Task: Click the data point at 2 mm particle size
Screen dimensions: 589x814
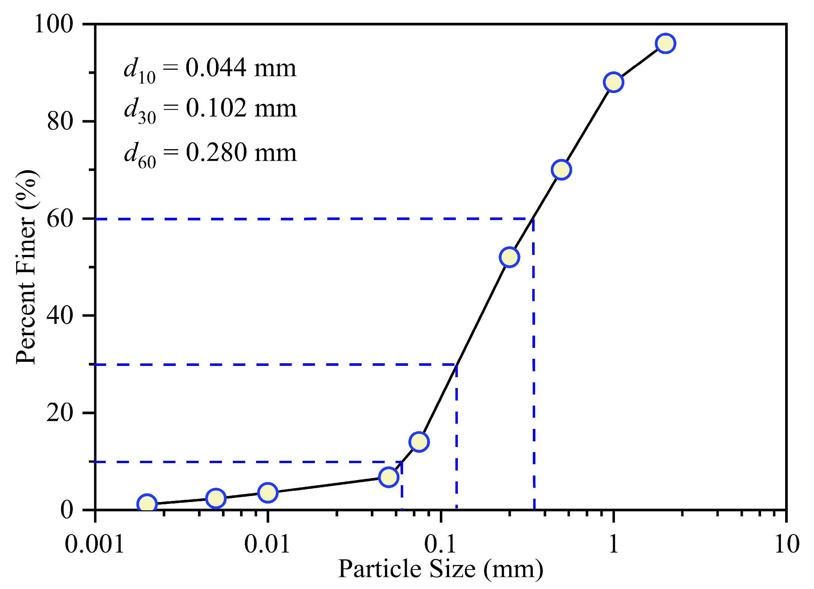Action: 665,43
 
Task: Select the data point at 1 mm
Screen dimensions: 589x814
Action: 613,82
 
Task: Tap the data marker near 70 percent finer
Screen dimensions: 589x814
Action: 561,170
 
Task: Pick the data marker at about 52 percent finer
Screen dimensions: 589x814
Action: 509,257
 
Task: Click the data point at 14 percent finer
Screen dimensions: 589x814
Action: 419,442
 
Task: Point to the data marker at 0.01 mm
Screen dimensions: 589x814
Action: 268,492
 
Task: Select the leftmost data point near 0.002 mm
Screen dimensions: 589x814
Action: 147,504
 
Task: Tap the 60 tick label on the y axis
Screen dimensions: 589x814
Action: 59,219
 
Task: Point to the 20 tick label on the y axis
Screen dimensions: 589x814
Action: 59,413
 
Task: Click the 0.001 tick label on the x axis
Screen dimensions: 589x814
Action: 94,544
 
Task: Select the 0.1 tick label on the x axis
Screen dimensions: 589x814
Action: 441,544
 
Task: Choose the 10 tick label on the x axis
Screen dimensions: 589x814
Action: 787,544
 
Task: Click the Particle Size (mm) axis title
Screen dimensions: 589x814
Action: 441,569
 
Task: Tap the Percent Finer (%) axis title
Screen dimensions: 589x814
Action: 26,267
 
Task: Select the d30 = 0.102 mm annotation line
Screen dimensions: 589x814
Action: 210,109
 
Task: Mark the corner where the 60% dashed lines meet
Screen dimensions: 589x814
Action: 533,219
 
